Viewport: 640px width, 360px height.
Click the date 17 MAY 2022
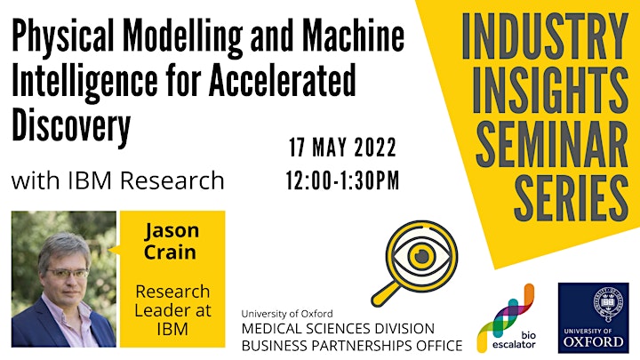tap(342, 148)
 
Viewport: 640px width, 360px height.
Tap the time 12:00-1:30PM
tap(342, 180)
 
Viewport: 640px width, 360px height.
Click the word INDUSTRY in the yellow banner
tap(545, 36)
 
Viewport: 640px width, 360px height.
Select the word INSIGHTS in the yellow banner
tap(550, 90)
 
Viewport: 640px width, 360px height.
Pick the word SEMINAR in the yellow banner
tap(552, 144)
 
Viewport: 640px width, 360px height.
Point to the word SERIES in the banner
tap(571, 197)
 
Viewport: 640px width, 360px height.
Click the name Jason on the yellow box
tap(172, 231)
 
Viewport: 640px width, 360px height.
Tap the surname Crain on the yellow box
tap(170, 252)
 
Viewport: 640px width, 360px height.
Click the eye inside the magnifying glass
tap(421, 256)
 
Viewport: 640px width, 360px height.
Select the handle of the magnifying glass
tap(385, 293)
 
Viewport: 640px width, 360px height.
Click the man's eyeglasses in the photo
tap(68, 273)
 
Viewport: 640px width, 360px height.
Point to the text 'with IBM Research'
tap(118, 180)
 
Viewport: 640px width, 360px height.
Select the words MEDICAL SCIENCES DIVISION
tap(338, 328)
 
